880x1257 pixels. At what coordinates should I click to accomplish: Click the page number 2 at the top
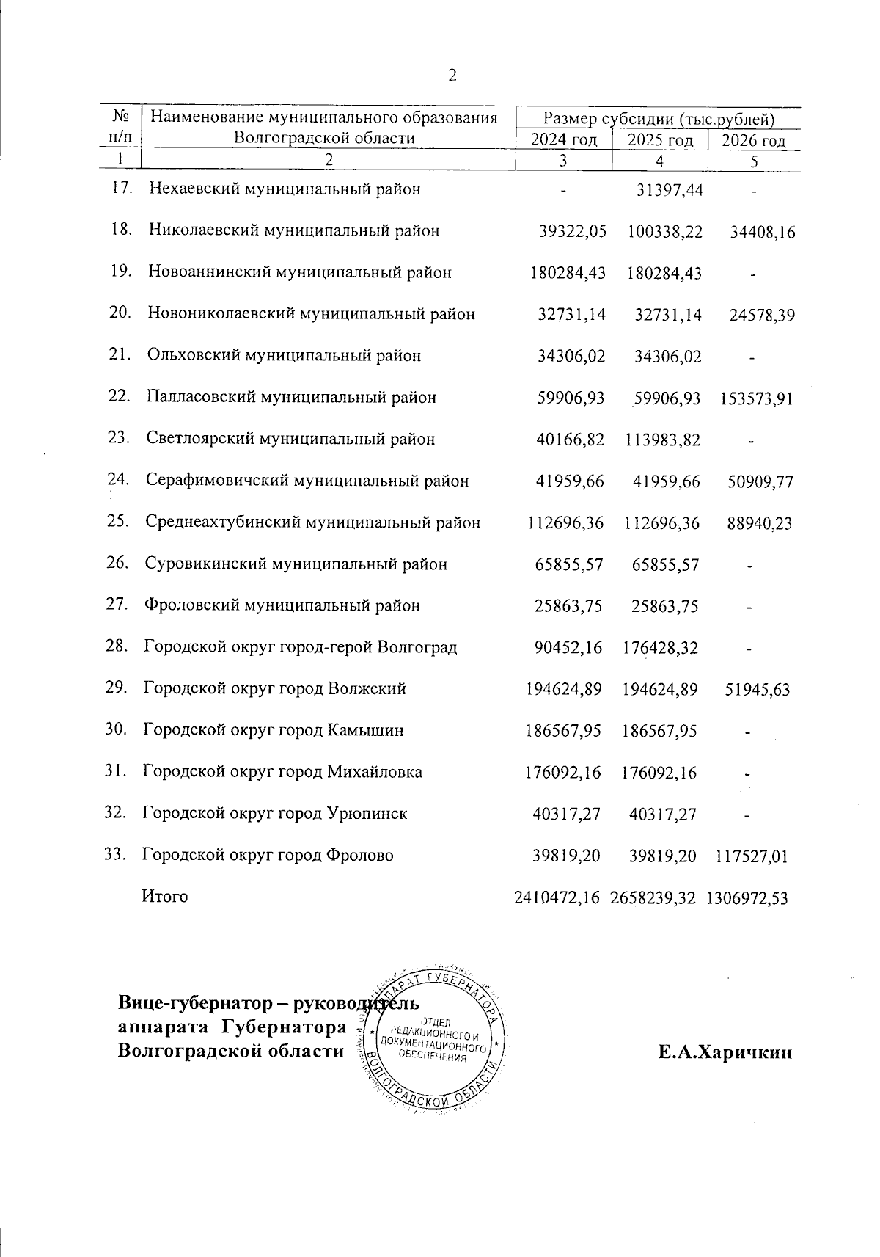click(x=452, y=75)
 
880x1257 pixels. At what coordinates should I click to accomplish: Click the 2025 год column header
click(x=660, y=140)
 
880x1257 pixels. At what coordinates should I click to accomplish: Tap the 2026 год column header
click(x=754, y=141)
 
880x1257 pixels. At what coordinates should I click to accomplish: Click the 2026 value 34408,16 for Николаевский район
click(x=763, y=233)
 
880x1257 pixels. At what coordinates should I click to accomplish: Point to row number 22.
click(x=119, y=396)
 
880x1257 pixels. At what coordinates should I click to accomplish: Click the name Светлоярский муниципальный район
click(x=290, y=439)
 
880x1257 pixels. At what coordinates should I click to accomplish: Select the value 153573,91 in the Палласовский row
click(x=756, y=399)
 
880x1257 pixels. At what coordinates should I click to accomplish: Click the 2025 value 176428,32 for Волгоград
click(x=660, y=648)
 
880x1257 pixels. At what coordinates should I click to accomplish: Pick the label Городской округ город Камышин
click(x=273, y=730)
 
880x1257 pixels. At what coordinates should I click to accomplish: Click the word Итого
click(x=165, y=897)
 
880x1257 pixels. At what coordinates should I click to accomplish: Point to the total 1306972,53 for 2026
click(x=747, y=897)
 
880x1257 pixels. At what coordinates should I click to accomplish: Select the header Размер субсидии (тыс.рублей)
click(x=658, y=118)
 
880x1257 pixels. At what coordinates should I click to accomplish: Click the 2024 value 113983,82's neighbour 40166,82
click(x=571, y=440)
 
